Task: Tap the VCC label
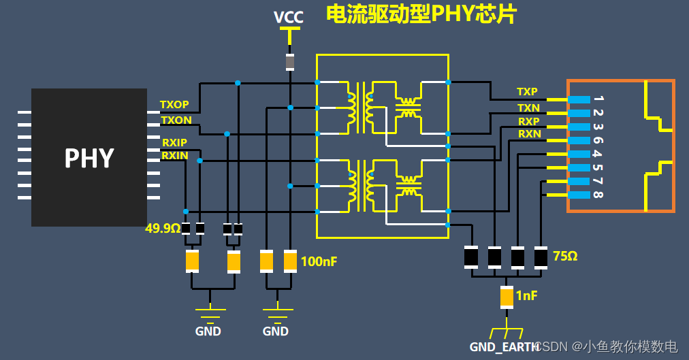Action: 289,17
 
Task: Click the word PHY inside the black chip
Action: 89,158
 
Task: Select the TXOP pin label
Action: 174,105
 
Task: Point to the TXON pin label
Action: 176,120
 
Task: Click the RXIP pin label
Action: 174,142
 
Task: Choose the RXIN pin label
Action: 174,156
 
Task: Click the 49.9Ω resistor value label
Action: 163,229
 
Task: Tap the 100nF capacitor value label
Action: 319,261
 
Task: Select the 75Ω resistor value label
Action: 565,256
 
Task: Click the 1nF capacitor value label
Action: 526,295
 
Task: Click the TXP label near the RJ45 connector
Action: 527,91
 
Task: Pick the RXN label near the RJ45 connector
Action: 529,134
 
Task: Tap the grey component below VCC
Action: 290,63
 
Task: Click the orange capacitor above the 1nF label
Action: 506,297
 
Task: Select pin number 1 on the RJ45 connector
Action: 597,99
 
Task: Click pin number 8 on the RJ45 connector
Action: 597,195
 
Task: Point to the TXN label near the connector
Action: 528,108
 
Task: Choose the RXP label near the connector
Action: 528,121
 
